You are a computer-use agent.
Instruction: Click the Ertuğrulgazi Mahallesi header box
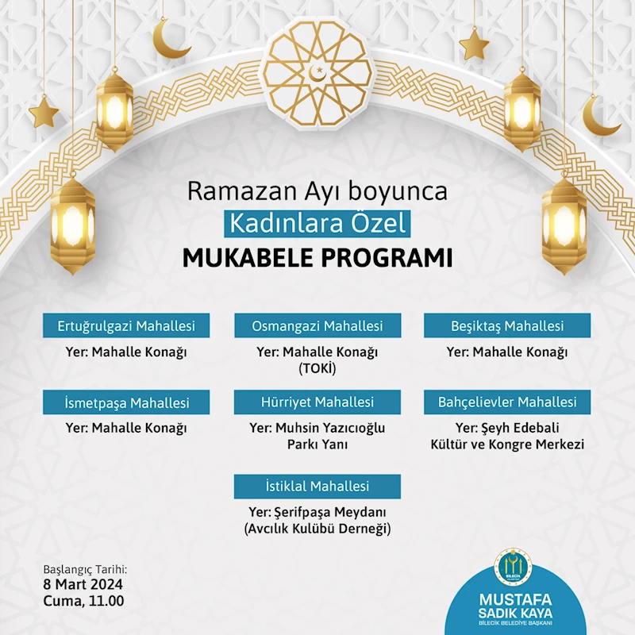click(126, 326)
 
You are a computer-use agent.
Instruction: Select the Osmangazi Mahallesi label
click(317, 326)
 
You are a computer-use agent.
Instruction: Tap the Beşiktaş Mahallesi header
click(507, 326)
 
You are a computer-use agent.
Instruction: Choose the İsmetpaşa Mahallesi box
click(126, 402)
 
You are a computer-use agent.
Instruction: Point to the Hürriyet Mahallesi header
click(317, 402)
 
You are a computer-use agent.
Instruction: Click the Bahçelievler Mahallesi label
click(507, 402)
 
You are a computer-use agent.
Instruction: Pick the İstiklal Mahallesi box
click(317, 486)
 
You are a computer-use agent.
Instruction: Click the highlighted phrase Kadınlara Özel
click(317, 223)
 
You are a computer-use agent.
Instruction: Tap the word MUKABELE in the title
click(251, 259)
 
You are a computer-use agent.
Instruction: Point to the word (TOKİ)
click(317, 369)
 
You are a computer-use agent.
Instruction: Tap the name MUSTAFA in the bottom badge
click(521, 598)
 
